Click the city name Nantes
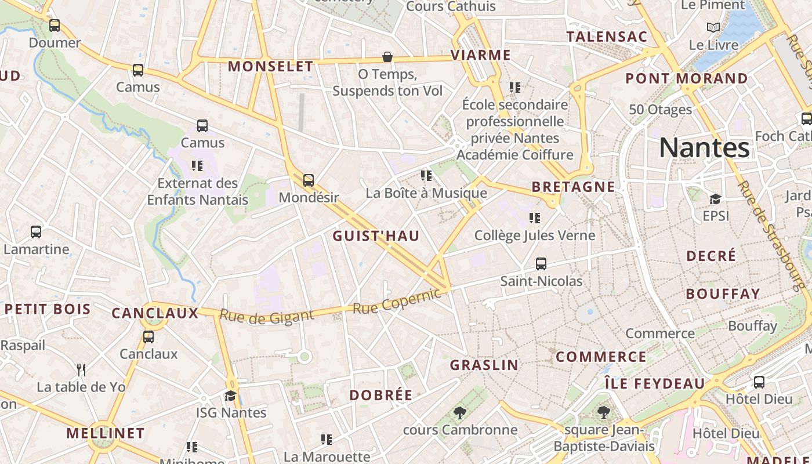[x=704, y=148]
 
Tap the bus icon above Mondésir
[x=309, y=180]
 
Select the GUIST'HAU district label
[x=376, y=236]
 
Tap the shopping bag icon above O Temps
[x=387, y=57]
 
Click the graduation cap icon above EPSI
[x=715, y=200]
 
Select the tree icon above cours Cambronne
[x=460, y=413]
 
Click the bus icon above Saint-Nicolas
[x=541, y=264]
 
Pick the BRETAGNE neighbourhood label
[x=573, y=187]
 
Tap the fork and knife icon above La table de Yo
[x=81, y=369]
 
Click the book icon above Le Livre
[x=713, y=27]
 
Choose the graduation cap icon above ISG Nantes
[x=231, y=396]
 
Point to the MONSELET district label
[x=270, y=67]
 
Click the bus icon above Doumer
[x=55, y=26]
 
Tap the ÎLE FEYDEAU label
[x=654, y=383]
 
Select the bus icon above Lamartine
[x=36, y=232]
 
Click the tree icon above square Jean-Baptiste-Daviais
[x=603, y=412]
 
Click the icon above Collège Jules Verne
[x=535, y=218]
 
